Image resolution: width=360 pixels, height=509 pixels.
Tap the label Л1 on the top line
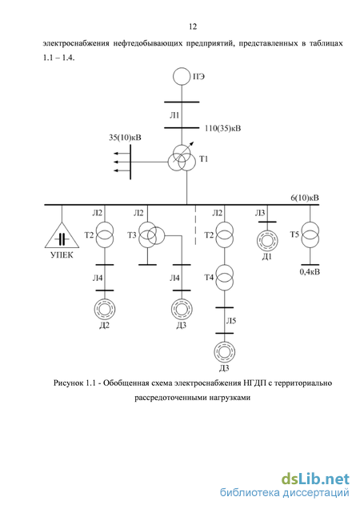[x=174, y=115]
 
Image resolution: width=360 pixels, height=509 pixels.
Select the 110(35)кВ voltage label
[x=222, y=128]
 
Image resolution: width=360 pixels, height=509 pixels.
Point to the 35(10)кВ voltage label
[x=125, y=138]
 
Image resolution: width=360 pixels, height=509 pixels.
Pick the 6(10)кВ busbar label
[x=305, y=198]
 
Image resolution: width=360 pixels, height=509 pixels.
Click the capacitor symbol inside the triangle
[x=62, y=239]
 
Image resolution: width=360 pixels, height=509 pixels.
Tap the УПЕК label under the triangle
[x=62, y=255]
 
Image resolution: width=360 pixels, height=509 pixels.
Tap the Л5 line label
[x=231, y=321]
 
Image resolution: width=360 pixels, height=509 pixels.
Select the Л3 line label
[x=260, y=213]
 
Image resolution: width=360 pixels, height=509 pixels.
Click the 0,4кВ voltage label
[x=310, y=271]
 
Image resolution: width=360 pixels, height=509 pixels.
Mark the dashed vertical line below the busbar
[x=195, y=225]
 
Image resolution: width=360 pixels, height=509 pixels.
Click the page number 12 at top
[x=193, y=26]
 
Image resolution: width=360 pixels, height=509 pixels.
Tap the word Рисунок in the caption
[x=68, y=383]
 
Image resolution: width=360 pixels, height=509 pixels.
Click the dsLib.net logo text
[x=315, y=479]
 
